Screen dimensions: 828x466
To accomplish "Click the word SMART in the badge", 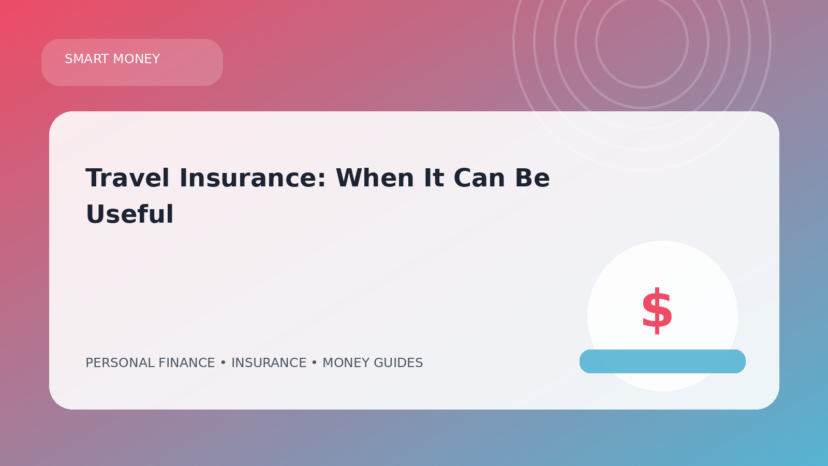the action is (x=87, y=59).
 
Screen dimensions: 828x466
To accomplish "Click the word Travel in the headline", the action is (x=127, y=178).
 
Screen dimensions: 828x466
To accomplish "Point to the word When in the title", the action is (x=375, y=178).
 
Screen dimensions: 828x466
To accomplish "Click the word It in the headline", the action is (x=434, y=178).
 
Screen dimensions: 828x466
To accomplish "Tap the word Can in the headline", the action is (x=479, y=178).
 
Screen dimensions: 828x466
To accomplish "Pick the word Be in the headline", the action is (x=533, y=178).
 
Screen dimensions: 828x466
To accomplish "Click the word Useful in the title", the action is (x=129, y=214).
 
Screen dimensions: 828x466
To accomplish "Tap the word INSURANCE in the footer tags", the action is (x=269, y=363).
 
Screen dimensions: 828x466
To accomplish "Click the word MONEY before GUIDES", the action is (x=346, y=363).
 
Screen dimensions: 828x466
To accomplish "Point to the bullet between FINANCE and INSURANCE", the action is (x=223, y=363).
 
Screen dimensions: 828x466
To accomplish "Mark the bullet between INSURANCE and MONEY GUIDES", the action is (x=315, y=363).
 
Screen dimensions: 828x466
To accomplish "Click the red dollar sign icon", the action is (x=657, y=311).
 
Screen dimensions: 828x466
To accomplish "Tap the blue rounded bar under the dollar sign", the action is (x=662, y=361).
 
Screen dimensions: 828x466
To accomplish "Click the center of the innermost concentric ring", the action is (x=642, y=42).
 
